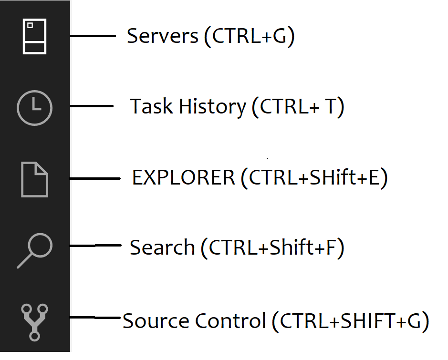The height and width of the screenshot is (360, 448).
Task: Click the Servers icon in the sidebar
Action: tap(35, 36)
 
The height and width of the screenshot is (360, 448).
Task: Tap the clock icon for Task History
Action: tap(34, 107)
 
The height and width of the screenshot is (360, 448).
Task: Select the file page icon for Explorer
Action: tap(34, 179)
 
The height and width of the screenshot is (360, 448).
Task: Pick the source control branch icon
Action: tap(35, 322)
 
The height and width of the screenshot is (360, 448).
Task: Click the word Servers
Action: tap(162, 36)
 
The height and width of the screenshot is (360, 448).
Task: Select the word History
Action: tap(212, 106)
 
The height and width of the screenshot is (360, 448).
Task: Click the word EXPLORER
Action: tap(184, 178)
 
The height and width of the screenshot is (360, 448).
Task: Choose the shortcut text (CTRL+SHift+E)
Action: tap(314, 178)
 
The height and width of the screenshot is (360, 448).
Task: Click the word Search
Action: tap(162, 248)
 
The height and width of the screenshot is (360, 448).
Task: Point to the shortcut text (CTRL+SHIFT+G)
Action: tap(350, 321)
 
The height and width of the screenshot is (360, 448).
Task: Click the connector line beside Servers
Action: tap(93, 36)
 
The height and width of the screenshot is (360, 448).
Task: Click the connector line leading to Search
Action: tap(95, 246)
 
